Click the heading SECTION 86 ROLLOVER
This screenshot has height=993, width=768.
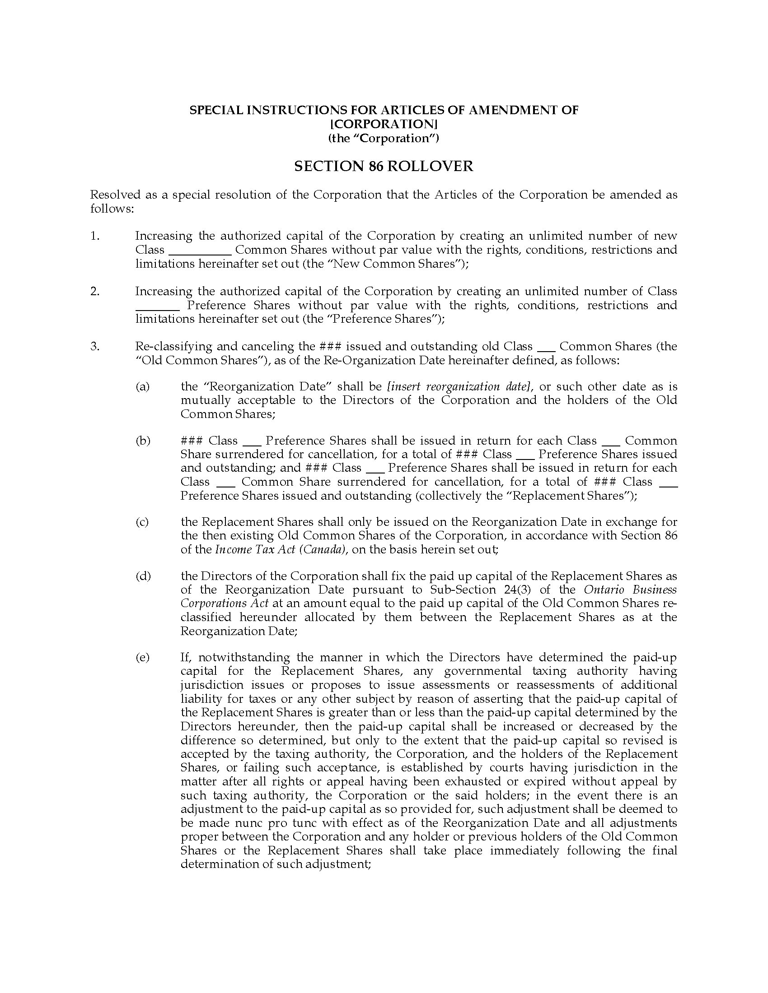(384, 167)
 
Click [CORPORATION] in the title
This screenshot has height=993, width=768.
(384, 124)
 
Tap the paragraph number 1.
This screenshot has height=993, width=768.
(94, 236)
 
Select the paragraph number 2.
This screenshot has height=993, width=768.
(94, 292)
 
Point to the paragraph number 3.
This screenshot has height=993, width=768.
(94, 347)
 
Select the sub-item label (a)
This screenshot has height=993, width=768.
(142, 387)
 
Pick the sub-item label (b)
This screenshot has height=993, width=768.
(142, 441)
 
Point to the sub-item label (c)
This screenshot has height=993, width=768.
(142, 522)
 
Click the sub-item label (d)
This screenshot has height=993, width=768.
(142, 576)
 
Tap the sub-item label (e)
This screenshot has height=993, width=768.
(142, 658)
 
